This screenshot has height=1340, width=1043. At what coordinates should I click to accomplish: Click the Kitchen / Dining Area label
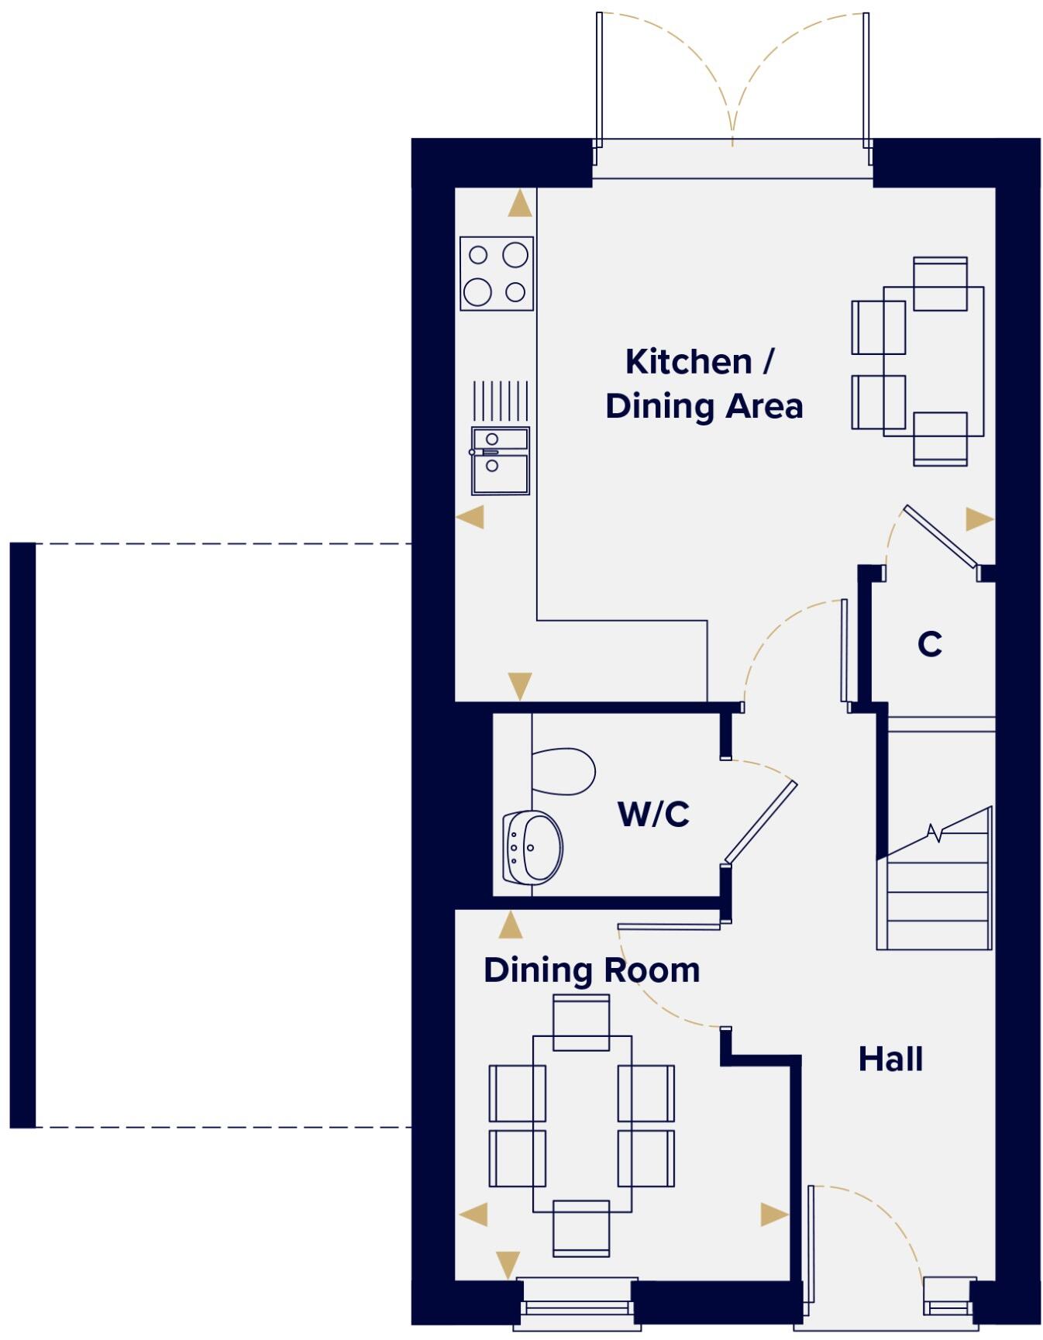tap(703, 384)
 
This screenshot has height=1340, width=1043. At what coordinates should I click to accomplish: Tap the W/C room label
tap(653, 815)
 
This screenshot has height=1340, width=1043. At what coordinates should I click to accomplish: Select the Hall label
tap(890, 1059)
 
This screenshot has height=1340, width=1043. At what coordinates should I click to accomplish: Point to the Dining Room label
tap(591, 970)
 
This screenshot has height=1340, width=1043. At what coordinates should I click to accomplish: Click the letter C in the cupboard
tap(929, 644)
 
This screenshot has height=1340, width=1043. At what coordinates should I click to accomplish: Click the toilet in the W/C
tap(563, 771)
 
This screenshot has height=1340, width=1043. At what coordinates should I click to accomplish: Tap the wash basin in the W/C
tap(534, 848)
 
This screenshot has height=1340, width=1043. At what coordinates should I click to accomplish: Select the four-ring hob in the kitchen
tap(497, 274)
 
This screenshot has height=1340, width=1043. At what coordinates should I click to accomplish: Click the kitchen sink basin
tap(501, 461)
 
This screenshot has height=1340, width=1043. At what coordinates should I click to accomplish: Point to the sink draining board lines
tap(501, 400)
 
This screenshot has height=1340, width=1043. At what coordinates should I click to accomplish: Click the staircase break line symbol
tap(936, 833)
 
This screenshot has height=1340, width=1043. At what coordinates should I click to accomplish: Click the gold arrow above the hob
tap(520, 205)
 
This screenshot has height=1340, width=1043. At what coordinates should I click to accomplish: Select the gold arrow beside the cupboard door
tap(979, 519)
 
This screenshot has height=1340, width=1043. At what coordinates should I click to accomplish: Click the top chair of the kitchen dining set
tap(940, 284)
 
